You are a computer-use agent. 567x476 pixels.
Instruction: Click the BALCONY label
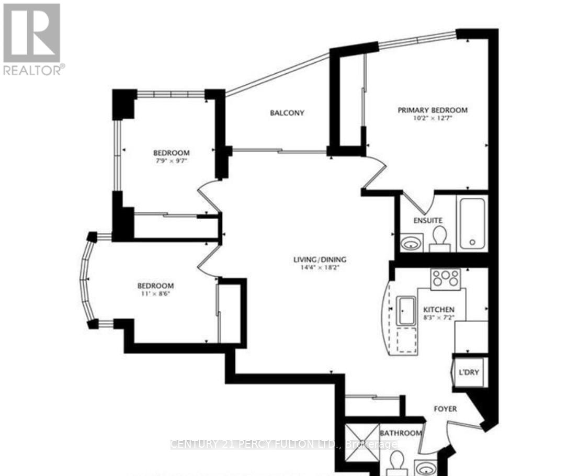287,113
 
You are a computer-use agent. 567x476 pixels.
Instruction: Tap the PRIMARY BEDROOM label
433,110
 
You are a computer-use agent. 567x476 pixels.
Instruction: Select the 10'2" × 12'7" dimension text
432,118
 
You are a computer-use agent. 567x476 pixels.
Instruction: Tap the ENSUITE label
427,221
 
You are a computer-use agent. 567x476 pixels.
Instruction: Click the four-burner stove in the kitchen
445,278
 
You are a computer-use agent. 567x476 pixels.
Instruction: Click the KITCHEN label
439,309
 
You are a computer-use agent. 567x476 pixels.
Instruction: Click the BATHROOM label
401,433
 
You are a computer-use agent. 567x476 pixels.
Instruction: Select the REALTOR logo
32,39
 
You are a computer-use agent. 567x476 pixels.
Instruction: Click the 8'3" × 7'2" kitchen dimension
439,317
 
